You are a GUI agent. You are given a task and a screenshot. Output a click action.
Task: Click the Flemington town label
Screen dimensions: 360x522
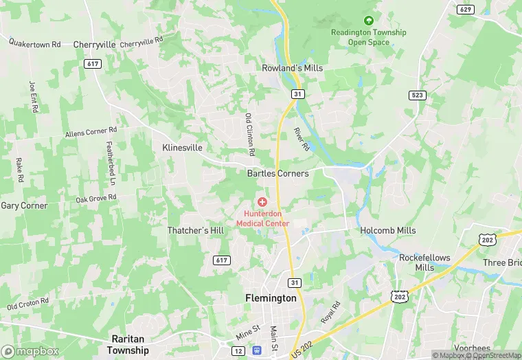point(271,299)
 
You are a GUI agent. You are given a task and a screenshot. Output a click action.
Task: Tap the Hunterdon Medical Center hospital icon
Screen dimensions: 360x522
point(262,202)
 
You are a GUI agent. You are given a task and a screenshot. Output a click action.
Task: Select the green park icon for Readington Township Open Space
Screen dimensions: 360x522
point(369,21)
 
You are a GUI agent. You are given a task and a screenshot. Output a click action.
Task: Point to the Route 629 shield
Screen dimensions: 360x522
point(465,9)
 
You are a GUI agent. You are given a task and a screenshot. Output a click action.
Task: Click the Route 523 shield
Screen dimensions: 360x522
point(416,95)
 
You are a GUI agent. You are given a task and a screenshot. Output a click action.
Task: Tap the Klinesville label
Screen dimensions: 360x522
point(182,148)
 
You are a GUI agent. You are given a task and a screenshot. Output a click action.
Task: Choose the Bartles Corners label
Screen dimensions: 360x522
point(277,174)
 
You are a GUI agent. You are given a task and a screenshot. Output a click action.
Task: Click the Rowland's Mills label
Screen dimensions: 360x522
point(292,68)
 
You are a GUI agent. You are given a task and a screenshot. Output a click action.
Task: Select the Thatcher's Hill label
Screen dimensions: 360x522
point(195,231)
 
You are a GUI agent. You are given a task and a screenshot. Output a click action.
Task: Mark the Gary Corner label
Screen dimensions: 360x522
point(24,205)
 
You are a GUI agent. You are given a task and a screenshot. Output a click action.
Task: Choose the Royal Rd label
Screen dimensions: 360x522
point(331,313)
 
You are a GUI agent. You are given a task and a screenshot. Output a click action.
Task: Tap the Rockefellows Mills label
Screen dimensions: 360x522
point(424,262)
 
